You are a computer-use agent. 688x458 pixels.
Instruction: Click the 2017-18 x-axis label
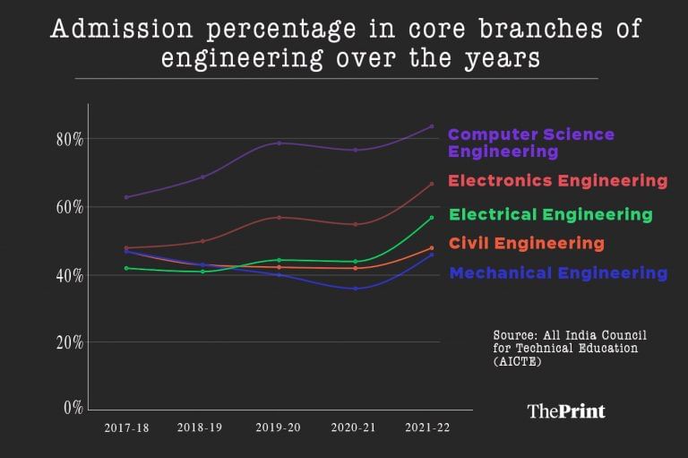[x=126, y=428]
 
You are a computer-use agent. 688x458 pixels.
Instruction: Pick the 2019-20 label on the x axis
[x=279, y=428]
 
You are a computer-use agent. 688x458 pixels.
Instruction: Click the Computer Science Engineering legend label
[x=530, y=143]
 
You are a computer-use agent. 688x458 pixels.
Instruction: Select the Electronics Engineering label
[x=557, y=181]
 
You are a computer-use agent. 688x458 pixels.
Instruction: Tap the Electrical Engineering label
[x=550, y=214]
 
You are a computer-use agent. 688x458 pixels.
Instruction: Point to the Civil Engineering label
[x=526, y=243]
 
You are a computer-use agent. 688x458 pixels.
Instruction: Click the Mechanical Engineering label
[x=557, y=272]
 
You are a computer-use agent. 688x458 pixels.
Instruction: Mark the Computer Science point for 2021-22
[x=431, y=126]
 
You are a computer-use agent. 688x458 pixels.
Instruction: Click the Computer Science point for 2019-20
[x=279, y=143]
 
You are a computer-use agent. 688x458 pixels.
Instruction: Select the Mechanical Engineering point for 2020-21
[x=356, y=289]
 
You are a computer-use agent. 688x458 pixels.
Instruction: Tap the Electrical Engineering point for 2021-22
[x=431, y=218]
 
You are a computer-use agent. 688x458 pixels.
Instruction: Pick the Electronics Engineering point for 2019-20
[x=279, y=217]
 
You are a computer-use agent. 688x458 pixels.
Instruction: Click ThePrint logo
[x=565, y=411]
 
